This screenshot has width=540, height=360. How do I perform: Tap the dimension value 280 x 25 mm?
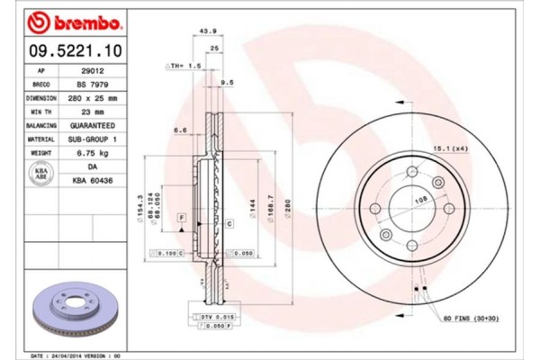click(92, 97)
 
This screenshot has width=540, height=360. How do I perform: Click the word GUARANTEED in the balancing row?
click(92, 126)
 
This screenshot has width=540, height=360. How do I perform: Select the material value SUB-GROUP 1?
click(92, 139)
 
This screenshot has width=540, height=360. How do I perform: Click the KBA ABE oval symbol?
click(40, 174)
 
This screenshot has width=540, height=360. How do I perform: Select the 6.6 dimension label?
click(180, 130)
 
